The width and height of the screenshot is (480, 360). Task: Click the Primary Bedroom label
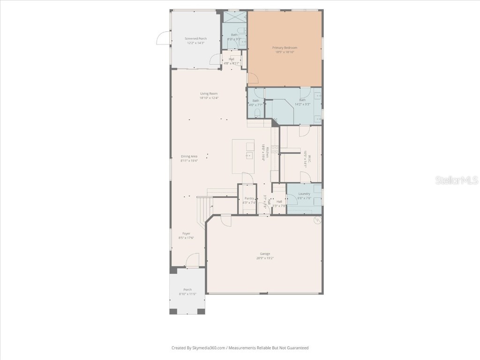click(285, 48)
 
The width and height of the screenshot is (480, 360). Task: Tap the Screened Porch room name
click(195, 38)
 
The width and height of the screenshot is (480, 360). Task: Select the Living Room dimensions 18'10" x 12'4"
click(209, 98)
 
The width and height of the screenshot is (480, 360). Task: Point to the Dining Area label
click(189, 156)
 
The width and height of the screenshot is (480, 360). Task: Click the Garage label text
click(265, 254)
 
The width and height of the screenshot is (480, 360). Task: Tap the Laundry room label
click(304, 194)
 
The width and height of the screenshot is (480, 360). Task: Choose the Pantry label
click(249, 198)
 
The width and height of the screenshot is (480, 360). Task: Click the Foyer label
click(186, 233)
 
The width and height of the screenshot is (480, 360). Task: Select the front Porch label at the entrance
click(187, 290)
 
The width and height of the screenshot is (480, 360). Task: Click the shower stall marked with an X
click(234, 16)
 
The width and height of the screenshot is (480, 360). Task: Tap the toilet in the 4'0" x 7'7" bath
click(256, 112)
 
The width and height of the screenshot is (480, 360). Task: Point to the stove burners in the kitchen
click(275, 150)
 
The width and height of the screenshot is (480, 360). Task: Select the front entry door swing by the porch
click(193, 261)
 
